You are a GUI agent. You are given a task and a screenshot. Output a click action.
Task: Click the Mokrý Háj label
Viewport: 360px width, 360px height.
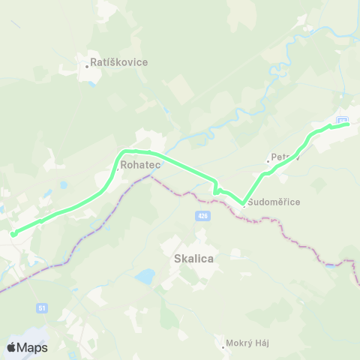(249, 343)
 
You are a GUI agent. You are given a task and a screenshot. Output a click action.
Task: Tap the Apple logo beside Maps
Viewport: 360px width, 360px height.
(12, 347)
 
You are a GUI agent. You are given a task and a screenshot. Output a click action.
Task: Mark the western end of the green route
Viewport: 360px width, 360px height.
(13, 234)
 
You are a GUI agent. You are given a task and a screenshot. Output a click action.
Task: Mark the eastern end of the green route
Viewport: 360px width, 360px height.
(348, 124)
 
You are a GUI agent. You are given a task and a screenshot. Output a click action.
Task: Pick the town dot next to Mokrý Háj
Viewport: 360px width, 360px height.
(224, 346)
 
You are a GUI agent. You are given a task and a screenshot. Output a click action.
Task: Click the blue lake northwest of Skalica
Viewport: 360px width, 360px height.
(145, 277)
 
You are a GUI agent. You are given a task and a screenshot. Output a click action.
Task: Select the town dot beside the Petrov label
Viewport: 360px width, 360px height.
(268, 160)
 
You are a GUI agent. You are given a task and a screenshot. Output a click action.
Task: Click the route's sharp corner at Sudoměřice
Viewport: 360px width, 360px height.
(243, 202)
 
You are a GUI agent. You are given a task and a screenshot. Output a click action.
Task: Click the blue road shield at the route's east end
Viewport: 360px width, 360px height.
(343, 120)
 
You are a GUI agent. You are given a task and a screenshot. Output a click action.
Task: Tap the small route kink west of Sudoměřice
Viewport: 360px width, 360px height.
(216, 190)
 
